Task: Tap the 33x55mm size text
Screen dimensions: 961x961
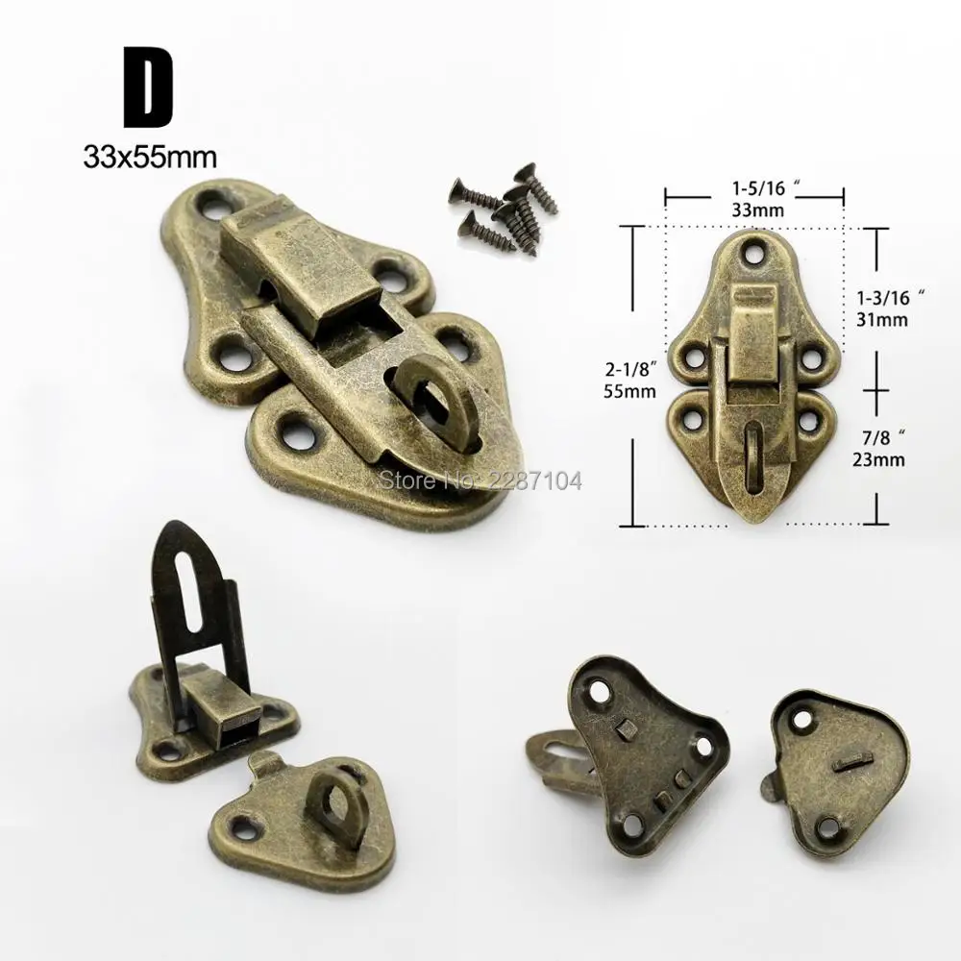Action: pos(150,158)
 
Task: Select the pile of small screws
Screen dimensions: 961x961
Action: pos(505,209)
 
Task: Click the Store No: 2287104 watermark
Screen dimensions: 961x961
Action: pos(480,480)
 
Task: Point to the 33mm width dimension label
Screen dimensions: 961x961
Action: pos(757,210)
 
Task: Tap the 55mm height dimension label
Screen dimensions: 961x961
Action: pos(629,391)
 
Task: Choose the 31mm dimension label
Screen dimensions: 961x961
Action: pos(882,319)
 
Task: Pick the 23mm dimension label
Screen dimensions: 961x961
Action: pos(878,458)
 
